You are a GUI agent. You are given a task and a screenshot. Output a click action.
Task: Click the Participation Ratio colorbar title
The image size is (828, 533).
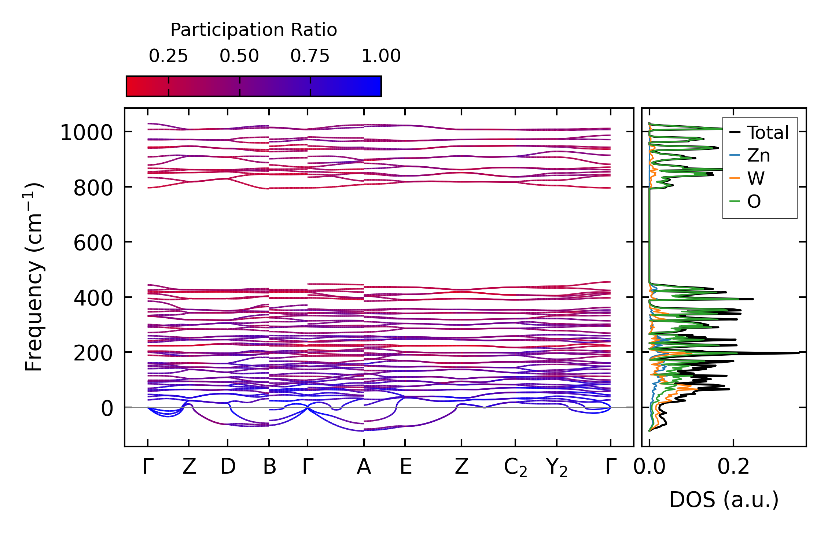click(x=254, y=30)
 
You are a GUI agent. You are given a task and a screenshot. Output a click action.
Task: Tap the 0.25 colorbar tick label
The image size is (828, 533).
click(x=168, y=56)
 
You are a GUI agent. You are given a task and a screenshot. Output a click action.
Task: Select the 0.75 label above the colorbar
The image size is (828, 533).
click(x=310, y=56)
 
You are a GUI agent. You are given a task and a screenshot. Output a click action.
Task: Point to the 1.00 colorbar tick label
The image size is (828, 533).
click(x=381, y=56)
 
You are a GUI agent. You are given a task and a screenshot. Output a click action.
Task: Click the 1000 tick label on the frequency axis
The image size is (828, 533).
click(x=87, y=132)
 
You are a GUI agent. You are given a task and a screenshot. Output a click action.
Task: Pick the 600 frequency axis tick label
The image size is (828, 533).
click(x=93, y=243)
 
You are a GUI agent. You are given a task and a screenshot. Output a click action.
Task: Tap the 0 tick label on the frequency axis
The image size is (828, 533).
click(x=107, y=408)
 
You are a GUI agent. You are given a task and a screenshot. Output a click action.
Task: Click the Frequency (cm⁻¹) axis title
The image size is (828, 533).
click(x=34, y=277)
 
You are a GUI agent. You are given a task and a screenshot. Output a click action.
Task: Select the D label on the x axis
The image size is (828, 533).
click(x=228, y=467)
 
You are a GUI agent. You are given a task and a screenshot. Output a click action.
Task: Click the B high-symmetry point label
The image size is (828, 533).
click(x=269, y=467)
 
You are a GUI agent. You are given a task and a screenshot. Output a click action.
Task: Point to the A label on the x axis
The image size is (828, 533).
click(x=364, y=467)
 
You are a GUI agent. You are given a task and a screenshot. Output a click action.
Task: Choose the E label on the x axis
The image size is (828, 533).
click(x=405, y=467)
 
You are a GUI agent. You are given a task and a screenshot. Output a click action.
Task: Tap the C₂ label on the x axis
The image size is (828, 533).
click(x=515, y=467)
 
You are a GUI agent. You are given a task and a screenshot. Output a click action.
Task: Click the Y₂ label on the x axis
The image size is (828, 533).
click(x=557, y=467)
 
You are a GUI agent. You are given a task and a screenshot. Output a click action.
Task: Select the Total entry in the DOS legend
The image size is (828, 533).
click(x=768, y=133)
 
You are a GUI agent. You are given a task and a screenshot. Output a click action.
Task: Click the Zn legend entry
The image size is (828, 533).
click(x=758, y=155)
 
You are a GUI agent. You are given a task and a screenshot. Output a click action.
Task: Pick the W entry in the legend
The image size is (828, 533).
click(x=756, y=178)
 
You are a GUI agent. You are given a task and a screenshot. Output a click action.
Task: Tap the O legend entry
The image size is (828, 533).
click(x=754, y=201)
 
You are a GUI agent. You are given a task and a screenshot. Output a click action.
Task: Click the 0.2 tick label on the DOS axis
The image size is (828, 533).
click(x=733, y=467)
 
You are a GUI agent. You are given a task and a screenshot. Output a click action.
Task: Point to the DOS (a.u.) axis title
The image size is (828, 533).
click(x=724, y=500)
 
